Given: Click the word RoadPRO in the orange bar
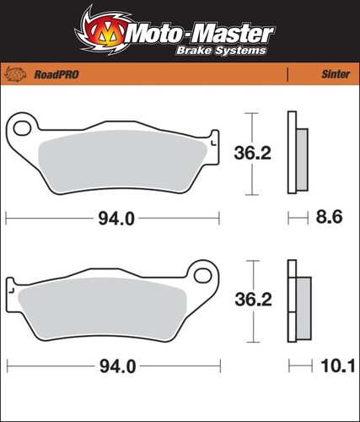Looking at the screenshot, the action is [56, 74].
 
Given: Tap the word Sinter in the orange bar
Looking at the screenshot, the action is [336, 74].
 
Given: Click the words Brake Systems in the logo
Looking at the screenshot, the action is [221, 51].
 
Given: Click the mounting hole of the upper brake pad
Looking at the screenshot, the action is [22, 128].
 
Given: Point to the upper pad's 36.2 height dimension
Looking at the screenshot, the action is [252, 154].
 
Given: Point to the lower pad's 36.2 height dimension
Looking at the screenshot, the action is [253, 300].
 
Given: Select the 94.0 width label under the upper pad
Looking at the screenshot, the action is [116, 219].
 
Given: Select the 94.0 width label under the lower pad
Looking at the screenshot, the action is [118, 366].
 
